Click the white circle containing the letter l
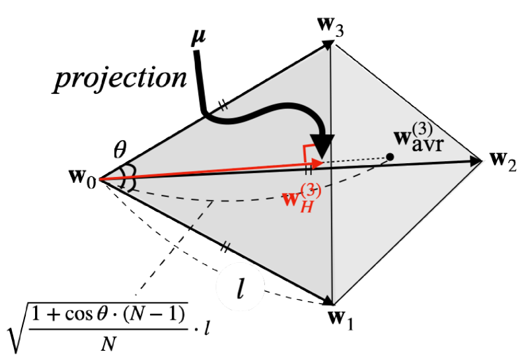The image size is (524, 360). (x=241, y=289)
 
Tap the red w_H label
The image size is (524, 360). (x=301, y=197)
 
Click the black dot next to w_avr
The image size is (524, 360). (x=390, y=157)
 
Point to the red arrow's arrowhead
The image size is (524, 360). (x=318, y=162)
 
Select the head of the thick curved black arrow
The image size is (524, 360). (x=322, y=143)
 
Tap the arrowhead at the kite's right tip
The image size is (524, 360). (x=477, y=161)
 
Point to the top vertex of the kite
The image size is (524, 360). (x=331, y=46)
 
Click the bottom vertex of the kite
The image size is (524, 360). (x=332, y=303)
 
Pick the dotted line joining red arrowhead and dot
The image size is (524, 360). (x=354, y=159)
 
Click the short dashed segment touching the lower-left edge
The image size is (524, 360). (x=202, y=214)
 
